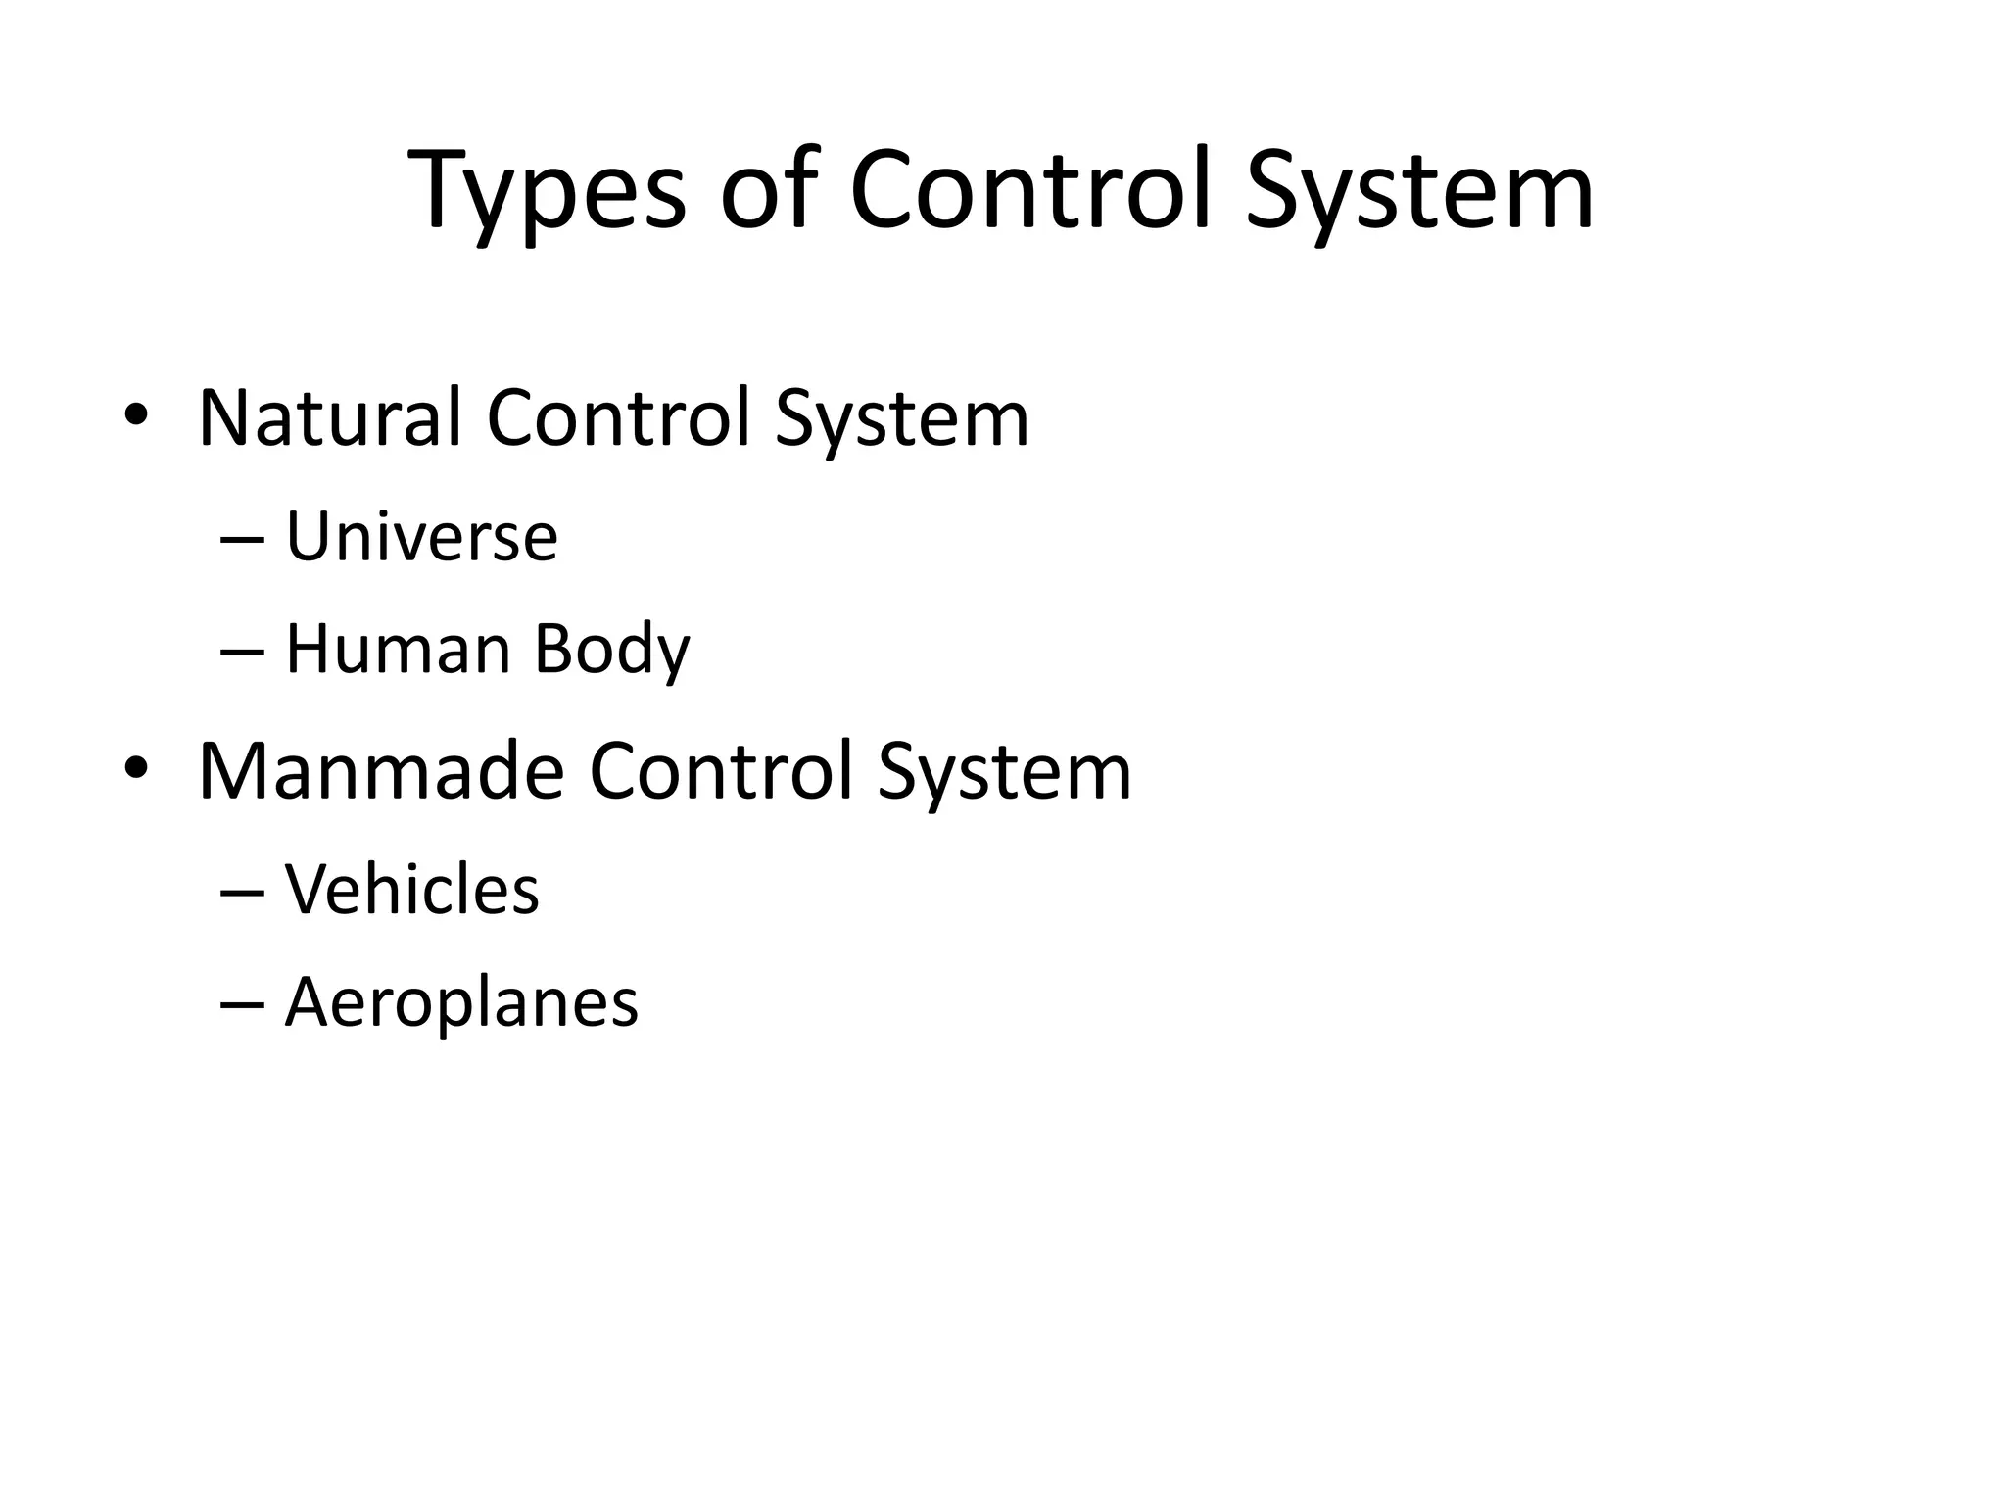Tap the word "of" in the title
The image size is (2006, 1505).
pyautogui.click(x=768, y=191)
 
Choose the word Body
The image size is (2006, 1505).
pyautogui.click(x=612, y=652)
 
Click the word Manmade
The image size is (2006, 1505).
pyautogui.click(x=381, y=772)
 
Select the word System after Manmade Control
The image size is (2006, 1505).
pyautogui.click(x=1004, y=775)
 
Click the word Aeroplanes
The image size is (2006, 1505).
pyautogui.click(x=461, y=1003)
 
